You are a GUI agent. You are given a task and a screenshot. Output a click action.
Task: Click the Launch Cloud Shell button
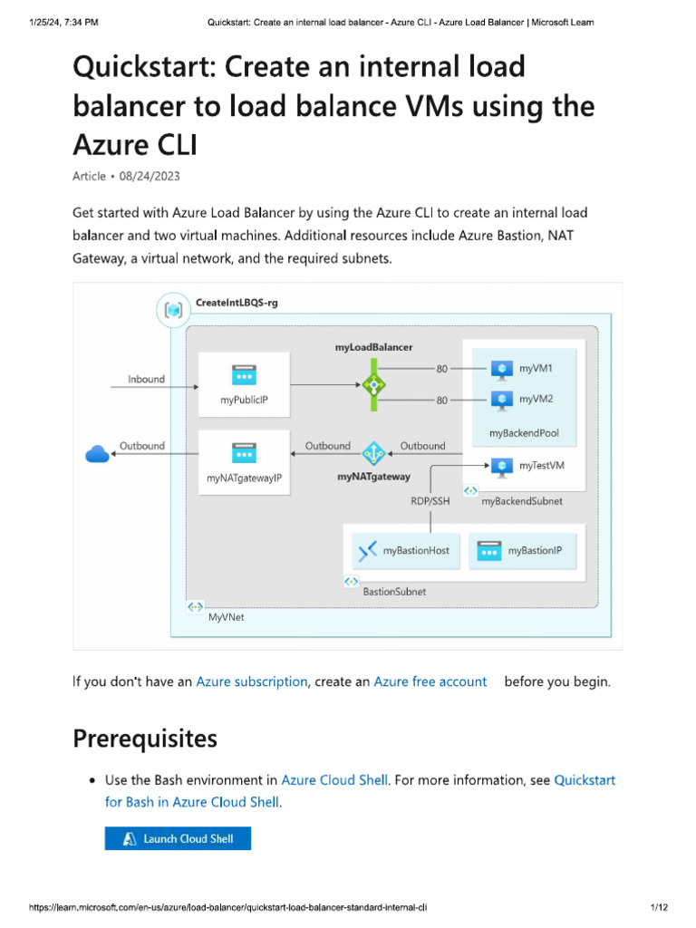[x=178, y=838]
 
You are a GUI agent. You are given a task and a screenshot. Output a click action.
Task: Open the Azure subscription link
[x=251, y=681]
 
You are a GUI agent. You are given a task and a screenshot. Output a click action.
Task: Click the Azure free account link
[x=430, y=681]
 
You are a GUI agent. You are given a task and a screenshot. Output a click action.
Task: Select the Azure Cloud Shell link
[x=334, y=779]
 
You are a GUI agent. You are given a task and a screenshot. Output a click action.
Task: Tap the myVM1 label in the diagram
[x=536, y=369]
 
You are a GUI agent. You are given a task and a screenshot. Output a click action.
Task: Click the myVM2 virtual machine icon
[x=501, y=399]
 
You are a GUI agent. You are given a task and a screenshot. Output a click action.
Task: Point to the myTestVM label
[x=541, y=466]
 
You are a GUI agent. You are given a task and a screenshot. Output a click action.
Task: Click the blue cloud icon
[x=97, y=455]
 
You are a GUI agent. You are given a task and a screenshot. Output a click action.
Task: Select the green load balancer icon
[x=373, y=384]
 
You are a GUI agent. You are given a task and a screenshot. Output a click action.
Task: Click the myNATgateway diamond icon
[x=373, y=453]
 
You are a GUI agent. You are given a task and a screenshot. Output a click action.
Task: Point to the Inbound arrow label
[x=146, y=379]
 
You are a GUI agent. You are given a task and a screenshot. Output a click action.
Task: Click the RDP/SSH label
[x=430, y=500]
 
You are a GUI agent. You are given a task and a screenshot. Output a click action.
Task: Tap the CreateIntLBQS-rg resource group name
[x=237, y=303]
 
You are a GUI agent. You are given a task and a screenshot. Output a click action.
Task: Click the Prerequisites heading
[x=144, y=739]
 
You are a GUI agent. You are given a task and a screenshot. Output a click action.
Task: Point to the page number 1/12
[x=659, y=907]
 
